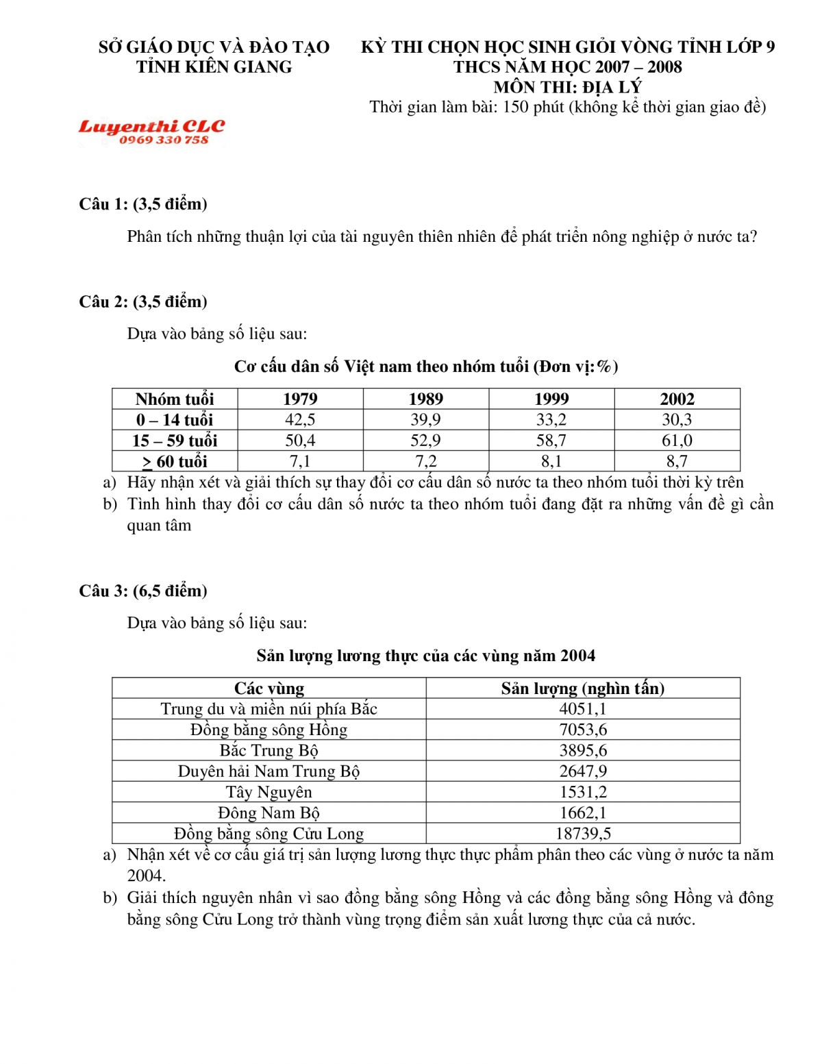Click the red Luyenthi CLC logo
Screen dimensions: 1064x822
coord(151,127)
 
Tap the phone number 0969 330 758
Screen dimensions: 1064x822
coord(164,140)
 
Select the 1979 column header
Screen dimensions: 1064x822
coord(300,399)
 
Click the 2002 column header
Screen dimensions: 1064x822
coord(677,399)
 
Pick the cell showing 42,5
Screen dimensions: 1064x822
coord(300,419)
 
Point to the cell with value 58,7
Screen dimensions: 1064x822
coord(551,440)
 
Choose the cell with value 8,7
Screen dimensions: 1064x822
coord(677,461)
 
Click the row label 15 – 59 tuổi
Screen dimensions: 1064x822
coord(175,440)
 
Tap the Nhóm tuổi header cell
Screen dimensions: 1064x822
coord(175,399)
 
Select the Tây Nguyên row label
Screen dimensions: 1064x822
coord(269,792)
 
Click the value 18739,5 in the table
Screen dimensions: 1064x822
coord(583,833)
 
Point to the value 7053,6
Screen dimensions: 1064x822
coord(583,730)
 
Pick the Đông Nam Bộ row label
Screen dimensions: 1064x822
coord(269,813)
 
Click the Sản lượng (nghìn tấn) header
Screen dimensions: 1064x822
coord(583,688)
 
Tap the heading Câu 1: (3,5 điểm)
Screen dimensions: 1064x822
coord(143,203)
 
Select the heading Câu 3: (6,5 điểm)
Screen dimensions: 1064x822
coord(143,591)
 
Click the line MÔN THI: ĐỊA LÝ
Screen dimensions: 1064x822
coord(567,87)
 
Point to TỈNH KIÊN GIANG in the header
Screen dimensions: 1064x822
coord(214,67)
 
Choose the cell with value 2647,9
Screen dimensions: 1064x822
coord(583,771)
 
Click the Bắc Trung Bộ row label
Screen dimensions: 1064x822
coord(269,750)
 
